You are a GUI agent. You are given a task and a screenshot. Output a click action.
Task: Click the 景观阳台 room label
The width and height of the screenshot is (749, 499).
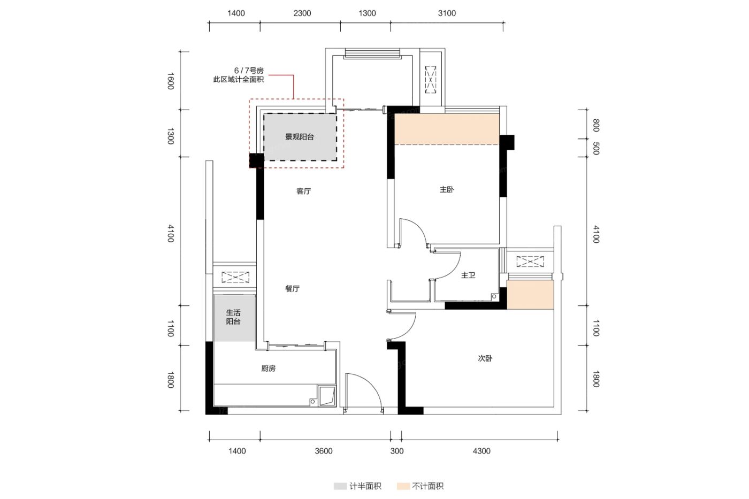299,137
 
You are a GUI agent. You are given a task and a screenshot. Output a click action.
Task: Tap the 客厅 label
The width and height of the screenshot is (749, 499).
304,191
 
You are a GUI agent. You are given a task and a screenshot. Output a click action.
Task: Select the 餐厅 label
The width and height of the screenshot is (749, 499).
292,289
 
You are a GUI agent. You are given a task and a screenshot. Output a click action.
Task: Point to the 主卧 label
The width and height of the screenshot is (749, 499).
447,189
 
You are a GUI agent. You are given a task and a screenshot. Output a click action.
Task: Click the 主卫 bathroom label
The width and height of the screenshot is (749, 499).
468,275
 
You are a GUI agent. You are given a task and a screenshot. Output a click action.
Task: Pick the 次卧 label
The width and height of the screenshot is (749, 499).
485,358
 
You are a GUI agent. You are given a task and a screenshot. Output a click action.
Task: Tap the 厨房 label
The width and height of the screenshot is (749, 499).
268,369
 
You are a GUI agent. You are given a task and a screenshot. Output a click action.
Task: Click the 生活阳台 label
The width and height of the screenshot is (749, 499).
233,317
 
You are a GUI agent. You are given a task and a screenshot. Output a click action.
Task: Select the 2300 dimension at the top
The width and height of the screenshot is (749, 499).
302,13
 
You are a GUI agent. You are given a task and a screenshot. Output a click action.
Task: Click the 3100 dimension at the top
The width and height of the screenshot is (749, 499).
447,13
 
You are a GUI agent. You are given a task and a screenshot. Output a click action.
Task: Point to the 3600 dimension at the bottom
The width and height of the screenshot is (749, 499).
324,451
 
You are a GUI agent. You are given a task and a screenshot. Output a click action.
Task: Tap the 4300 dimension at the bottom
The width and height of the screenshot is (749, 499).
481,451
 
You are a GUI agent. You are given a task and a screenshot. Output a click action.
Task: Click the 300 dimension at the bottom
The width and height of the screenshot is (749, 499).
397,451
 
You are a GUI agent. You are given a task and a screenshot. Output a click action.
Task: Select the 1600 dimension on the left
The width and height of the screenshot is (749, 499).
171,81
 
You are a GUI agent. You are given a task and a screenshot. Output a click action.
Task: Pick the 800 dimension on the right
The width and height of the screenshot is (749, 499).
596,125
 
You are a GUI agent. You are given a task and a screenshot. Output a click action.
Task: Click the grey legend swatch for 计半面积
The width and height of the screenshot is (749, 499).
340,486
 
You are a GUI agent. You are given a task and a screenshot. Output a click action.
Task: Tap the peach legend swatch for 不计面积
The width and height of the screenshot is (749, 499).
403,486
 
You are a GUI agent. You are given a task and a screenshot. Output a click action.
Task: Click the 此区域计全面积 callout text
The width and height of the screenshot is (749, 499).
239,80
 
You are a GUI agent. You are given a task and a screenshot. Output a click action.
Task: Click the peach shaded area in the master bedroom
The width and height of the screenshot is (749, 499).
447,129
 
